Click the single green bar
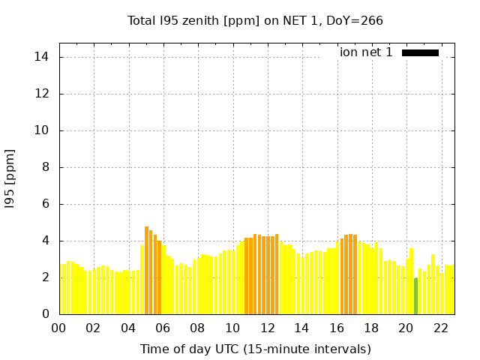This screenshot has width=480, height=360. (415, 295)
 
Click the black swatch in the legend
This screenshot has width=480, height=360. (420, 52)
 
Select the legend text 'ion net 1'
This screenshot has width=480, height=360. (366, 52)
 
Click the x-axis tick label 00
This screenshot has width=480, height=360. (58, 328)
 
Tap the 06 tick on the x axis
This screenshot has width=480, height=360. (163, 328)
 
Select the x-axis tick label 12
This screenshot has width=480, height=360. (267, 328)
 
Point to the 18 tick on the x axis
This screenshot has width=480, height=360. (371, 328)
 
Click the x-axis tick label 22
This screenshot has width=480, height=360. (441, 328)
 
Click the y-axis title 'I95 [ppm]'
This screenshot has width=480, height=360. (10, 178)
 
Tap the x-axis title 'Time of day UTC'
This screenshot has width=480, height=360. (199, 349)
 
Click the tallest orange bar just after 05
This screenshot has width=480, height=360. (146, 270)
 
